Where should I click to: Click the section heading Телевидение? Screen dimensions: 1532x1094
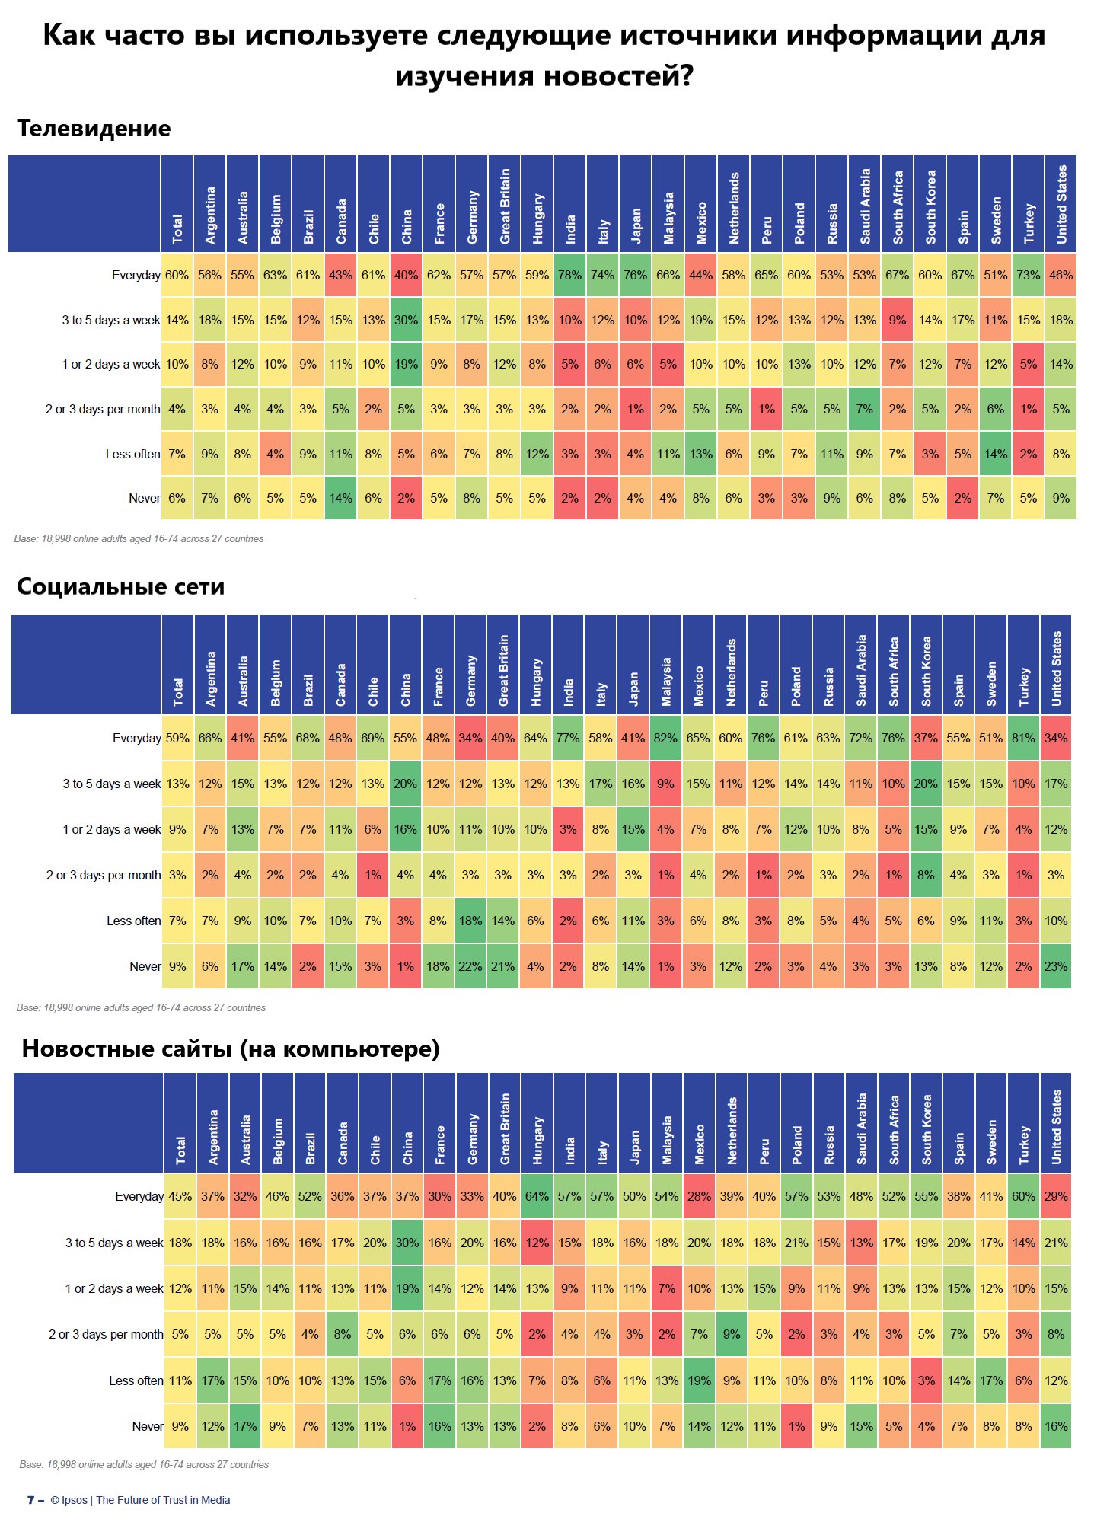(94, 129)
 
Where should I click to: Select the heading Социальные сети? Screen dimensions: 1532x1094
(120, 587)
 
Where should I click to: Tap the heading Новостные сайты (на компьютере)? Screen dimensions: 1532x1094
(231, 1049)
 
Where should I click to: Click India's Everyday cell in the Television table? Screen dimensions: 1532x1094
(569, 275)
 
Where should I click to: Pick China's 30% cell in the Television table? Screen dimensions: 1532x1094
(406, 320)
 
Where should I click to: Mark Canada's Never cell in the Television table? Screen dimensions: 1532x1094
(340, 498)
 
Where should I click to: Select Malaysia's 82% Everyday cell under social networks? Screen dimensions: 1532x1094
(665, 738)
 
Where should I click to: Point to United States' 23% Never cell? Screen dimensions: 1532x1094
(1055, 966)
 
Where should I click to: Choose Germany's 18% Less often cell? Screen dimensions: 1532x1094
(470, 921)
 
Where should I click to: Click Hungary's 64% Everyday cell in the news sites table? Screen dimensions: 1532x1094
(537, 1196)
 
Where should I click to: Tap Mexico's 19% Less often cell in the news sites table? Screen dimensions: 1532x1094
(699, 1380)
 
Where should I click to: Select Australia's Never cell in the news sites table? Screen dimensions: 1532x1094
(245, 1426)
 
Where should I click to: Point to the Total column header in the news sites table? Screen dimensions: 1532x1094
(180, 1150)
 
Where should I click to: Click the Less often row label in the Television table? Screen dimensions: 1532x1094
(133, 454)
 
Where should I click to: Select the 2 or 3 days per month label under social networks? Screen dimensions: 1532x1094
(104, 875)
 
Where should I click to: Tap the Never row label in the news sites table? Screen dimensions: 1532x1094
(148, 1426)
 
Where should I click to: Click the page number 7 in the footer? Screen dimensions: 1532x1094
(31, 1500)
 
